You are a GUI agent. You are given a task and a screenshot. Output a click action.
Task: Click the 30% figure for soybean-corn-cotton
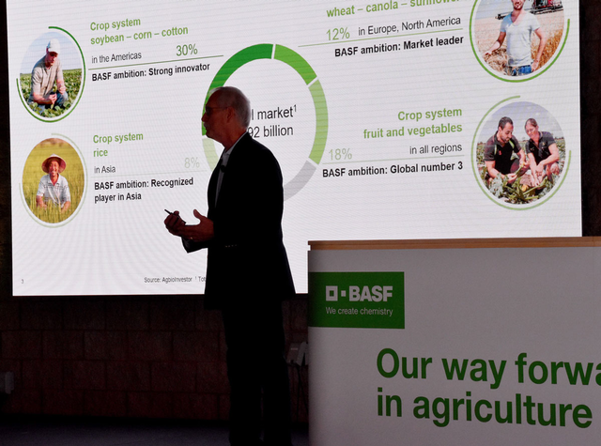pos(186,50)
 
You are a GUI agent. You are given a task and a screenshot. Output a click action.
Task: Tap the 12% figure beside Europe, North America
pos(338,34)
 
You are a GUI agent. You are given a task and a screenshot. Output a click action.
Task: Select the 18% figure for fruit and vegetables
pos(340,154)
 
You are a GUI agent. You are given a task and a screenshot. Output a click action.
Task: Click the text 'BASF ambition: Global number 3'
pos(393,171)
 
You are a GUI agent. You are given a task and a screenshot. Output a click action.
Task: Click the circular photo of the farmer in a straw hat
pos(54,180)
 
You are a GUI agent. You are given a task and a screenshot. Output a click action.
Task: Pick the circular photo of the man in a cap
pos(52,75)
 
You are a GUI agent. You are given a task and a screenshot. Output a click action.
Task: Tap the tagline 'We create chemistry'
pos(359,311)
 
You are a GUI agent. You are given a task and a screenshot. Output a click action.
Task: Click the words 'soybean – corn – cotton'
pos(139,32)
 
